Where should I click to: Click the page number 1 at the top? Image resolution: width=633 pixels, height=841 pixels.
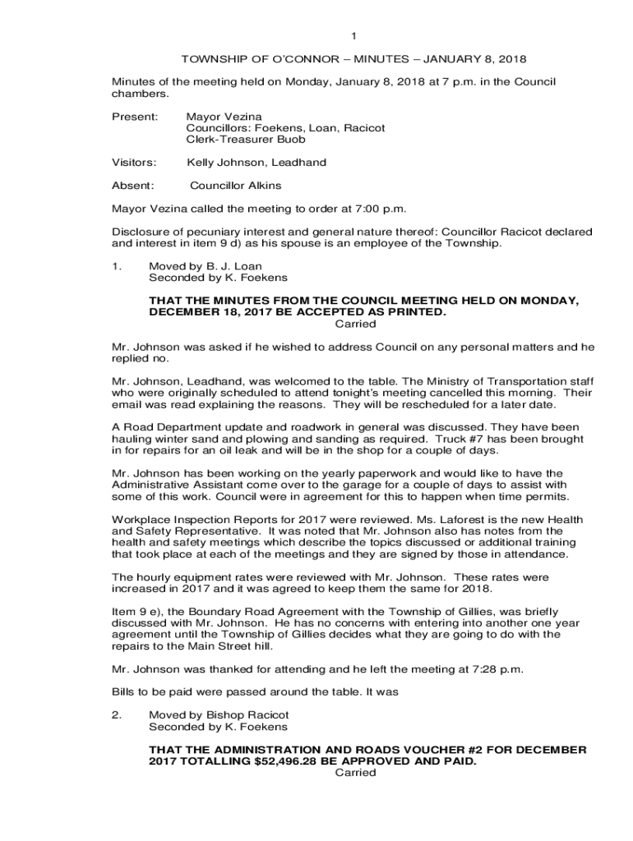point(353,36)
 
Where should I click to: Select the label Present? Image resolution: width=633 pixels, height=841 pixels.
point(135,117)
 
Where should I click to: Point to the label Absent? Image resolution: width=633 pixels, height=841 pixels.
point(133,186)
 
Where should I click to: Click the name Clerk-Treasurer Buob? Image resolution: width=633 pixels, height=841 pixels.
point(246,140)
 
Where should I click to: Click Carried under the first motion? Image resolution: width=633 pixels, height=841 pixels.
point(356,324)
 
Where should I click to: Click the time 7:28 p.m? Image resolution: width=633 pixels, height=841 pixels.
point(496,669)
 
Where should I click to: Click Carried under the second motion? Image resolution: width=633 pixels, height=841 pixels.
point(356,773)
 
